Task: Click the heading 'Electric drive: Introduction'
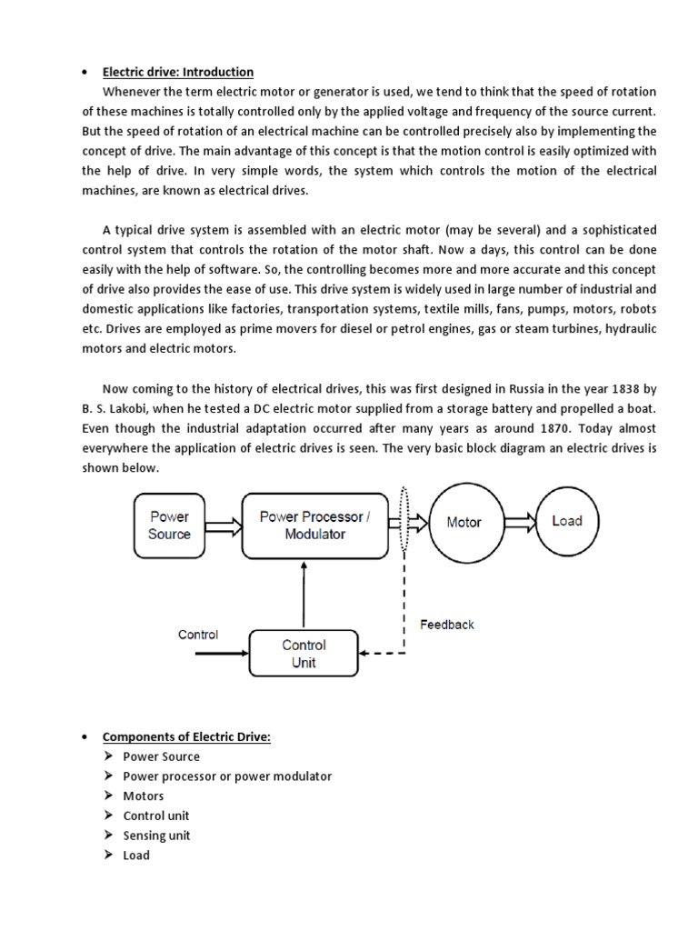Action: (177, 72)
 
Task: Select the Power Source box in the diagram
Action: (169, 525)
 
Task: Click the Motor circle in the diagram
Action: (464, 523)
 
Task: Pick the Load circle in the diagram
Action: (566, 521)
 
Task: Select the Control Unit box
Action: (304, 653)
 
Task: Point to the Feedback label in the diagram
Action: (446, 625)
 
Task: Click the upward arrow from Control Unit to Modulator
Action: (304, 591)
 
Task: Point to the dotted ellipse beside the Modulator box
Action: (404, 522)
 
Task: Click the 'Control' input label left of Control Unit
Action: (198, 635)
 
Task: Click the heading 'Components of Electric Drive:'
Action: (186, 736)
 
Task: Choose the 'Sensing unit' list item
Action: (156, 836)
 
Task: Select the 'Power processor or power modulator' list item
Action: (227, 776)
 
